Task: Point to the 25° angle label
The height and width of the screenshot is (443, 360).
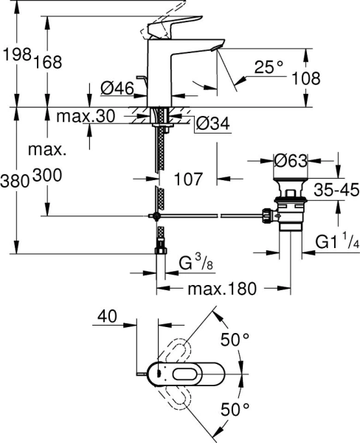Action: [x=269, y=67]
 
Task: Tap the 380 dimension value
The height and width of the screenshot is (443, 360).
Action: [x=15, y=179]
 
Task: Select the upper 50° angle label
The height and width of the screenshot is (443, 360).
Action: [x=236, y=340]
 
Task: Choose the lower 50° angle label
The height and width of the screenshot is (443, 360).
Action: [x=236, y=408]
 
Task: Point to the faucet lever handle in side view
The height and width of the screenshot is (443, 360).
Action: [x=174, y=27]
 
